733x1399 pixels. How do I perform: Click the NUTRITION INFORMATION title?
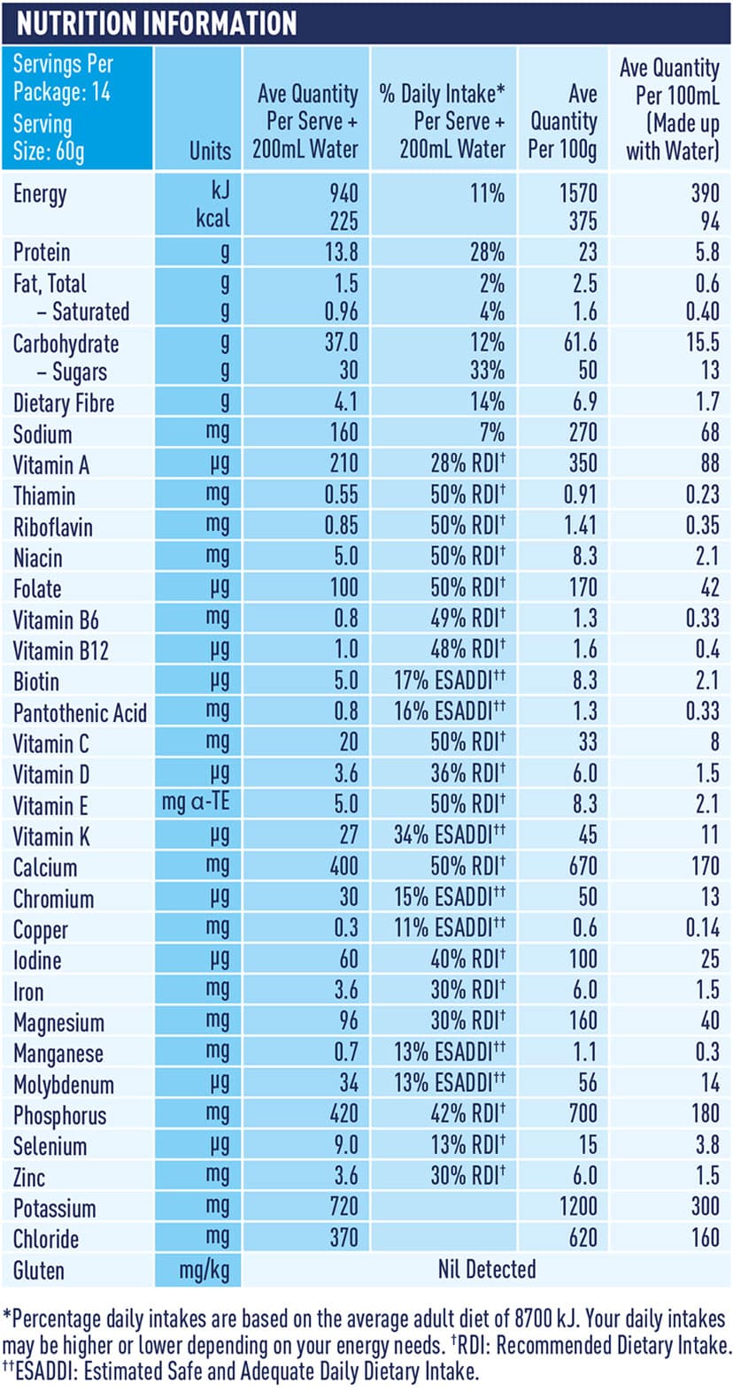(x=157, y=23)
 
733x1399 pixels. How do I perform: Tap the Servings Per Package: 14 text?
(x=62, y=78)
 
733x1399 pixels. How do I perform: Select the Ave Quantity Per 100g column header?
(x=563, y=121)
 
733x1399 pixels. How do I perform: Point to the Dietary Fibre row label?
(x=64, y=404)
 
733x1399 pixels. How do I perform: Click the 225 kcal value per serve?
(x=343, y=220)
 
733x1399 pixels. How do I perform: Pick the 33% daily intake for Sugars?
(x=487, y=371)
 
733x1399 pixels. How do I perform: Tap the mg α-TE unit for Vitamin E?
(x=196, y=803)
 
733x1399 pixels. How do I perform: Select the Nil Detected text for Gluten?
(x=487, y=1269)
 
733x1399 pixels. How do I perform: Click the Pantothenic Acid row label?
(x=80, y=713)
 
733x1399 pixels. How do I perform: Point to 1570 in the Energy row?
(x=578, y=193)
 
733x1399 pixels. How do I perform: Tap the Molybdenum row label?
(x=64, y=1085)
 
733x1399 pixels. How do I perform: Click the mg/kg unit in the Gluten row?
(x=204, y=1271)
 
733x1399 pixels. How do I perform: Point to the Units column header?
(x=210, y=150)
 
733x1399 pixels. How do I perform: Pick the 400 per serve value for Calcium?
(x=343, y=865)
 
